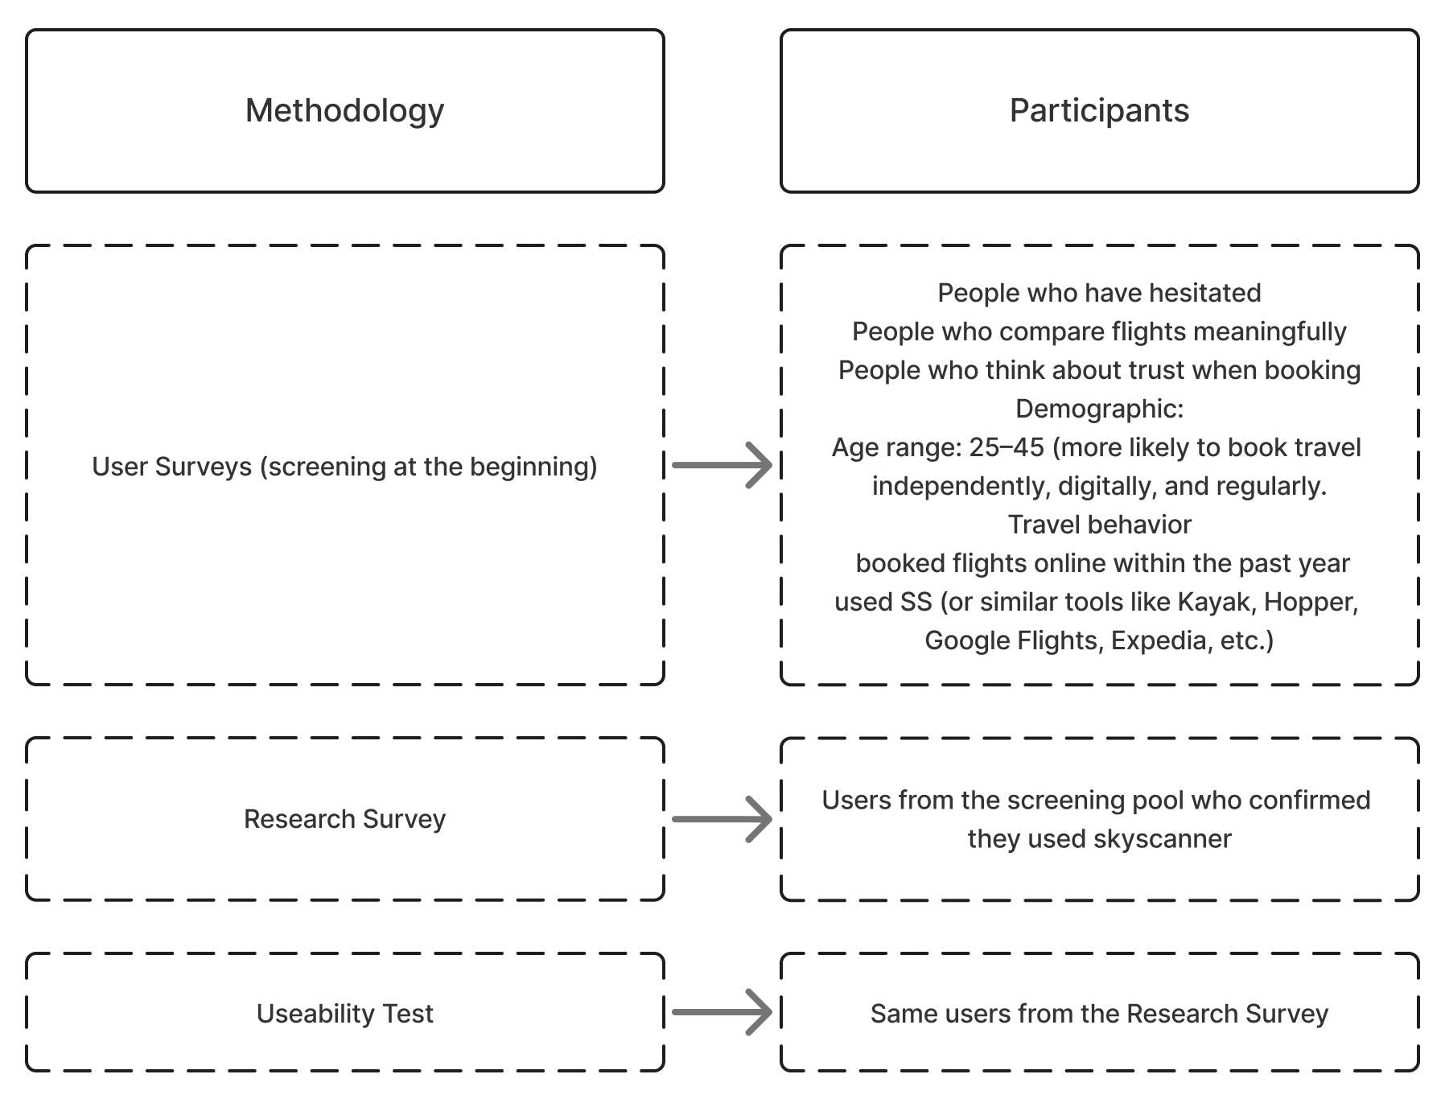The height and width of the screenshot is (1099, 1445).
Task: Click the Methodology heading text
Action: pos(344,111)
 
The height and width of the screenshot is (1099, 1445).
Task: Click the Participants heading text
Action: pos(1099,111)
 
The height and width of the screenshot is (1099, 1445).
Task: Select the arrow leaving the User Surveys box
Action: pos(722,465)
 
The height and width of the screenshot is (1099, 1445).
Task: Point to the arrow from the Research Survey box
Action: pos(722,819)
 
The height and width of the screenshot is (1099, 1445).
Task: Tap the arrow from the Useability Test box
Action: pos(722,1012)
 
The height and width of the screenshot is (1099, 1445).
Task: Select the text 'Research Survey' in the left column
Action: pos(344,819)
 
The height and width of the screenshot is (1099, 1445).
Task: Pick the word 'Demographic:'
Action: pos(1099,409)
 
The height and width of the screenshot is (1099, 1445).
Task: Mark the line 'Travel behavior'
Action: pos(1099,525)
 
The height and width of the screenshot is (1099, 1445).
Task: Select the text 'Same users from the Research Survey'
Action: pos(1099,1014)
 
